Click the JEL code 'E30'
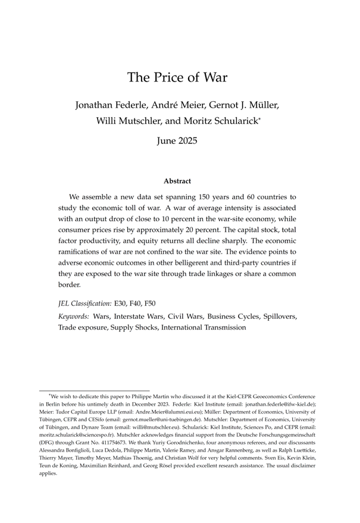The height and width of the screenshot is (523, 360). coord(121,303)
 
